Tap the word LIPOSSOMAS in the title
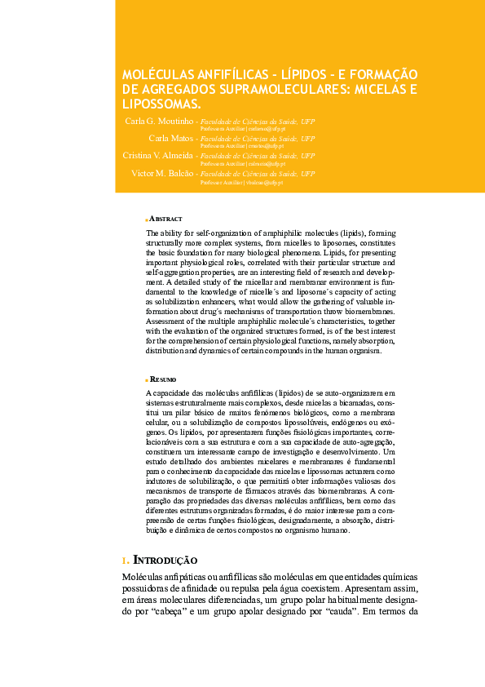coord(160,104)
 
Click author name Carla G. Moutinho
coord(159,121)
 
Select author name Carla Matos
coord(170,139)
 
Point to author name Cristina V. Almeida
coord(157,155)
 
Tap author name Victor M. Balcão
coord(162,173)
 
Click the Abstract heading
coord(166,219)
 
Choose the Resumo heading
coord(165,379)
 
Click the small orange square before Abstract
coord(146,219)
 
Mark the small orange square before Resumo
coord(146,380)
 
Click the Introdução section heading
coord(165,561)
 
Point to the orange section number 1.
coord(125,561)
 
